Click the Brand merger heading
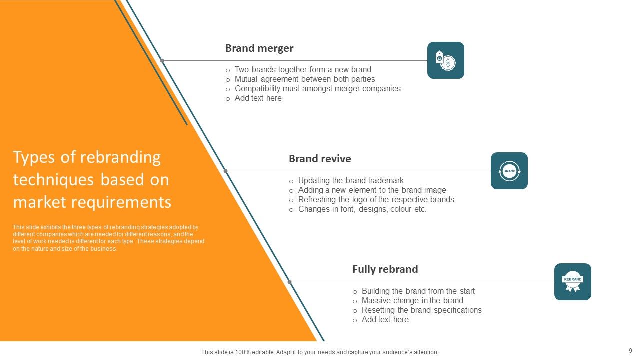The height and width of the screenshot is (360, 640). tap(259, 48)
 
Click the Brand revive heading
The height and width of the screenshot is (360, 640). tap(320, 159)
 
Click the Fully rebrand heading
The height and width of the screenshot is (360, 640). tap(385, 269)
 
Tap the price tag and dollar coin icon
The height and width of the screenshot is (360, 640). tap(445, 60)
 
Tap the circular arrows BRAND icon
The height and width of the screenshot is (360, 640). tap(509, 171)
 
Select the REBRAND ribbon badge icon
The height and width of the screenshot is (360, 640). tap(572, 282)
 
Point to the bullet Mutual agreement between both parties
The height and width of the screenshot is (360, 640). tap(305, 79)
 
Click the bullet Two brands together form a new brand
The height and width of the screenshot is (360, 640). tap(303, 70)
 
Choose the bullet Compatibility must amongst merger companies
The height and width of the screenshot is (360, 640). tap(317, 89)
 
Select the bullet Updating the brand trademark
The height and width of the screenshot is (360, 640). tap(351, 181)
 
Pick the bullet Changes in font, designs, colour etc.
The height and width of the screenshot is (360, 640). tap(362, 209)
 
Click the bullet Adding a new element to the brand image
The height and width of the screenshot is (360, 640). tap(372, 190)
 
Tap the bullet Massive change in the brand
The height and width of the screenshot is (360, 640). tap(412, 301)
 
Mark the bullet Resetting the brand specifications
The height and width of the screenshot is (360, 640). tap(421, 310)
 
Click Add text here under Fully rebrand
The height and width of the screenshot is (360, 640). tap(385, 320)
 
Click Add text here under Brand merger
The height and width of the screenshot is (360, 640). tap(258, 98)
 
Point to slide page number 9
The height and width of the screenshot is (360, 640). tap(630, 351)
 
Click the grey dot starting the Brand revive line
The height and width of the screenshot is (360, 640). tap(225, 171)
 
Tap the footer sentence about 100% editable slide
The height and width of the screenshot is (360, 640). tap(320, 352)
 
